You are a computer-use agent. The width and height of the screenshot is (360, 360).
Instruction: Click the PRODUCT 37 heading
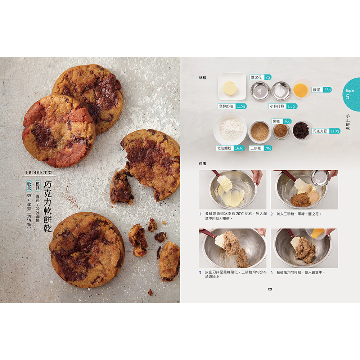39,172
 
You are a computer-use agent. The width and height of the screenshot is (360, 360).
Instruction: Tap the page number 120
90,289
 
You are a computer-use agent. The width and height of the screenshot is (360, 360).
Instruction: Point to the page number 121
270,289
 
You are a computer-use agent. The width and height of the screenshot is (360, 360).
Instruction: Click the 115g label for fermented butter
241,106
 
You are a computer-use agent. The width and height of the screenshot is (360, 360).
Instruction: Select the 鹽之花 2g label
260,77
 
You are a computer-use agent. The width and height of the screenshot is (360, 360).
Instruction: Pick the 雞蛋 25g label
321,90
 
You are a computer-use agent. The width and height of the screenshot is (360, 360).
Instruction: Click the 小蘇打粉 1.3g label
283,106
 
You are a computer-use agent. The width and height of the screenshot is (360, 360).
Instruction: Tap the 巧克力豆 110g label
326,131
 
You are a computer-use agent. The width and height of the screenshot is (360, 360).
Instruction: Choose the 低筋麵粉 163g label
230,148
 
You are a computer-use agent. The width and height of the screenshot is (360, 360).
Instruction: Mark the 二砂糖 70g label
261,148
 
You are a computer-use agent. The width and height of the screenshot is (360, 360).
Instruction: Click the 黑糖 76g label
282,121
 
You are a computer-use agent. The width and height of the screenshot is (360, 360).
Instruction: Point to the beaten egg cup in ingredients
301,88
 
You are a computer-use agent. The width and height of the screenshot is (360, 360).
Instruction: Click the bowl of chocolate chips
301,130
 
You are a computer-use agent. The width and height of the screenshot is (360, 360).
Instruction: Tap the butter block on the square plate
230,88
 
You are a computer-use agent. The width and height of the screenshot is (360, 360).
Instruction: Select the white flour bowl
230,129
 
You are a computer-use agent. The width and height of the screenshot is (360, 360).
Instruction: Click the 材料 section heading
202,78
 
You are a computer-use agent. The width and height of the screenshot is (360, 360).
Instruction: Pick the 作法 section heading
202,164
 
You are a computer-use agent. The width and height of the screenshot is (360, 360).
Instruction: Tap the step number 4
271,273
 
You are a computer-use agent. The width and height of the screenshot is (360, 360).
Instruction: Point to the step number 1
200,214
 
